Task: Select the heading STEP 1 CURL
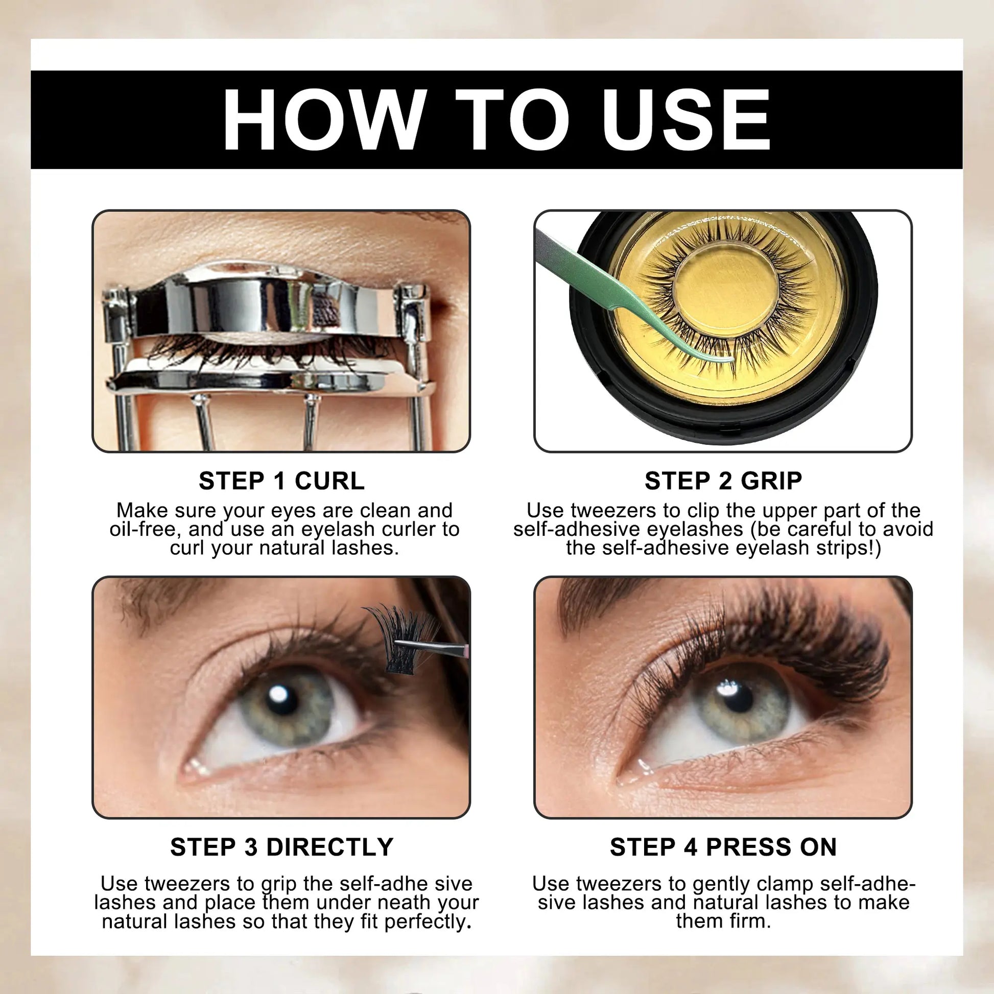tap(281, 481)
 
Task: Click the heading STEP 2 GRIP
tap(723, 481)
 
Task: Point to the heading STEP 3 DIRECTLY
tap(281, 847)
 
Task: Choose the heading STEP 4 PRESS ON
tap(723, 847)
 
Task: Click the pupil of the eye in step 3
tap(282, 699)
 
